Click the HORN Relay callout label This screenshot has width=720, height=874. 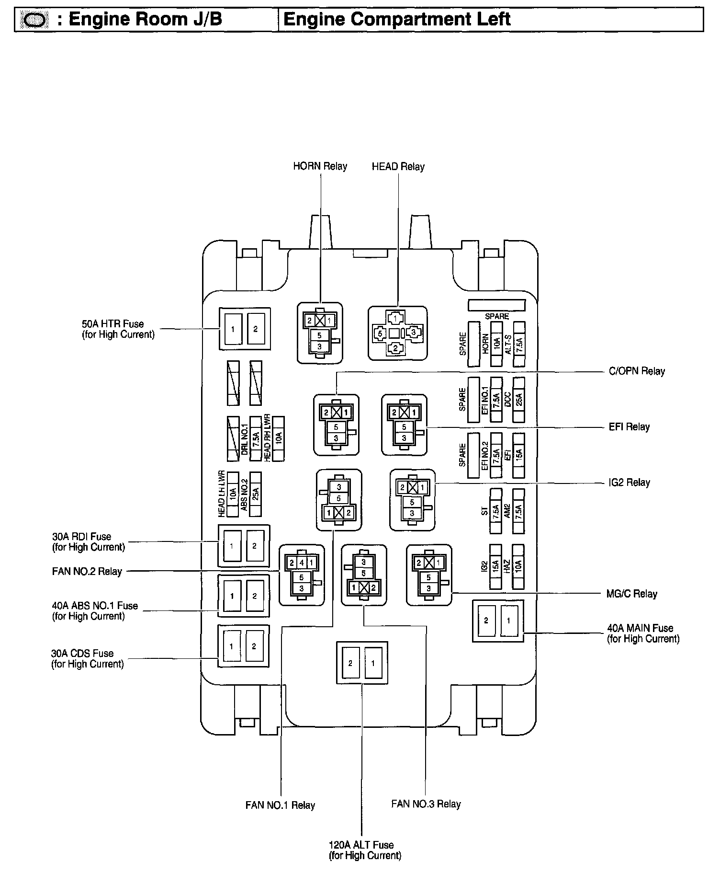[320, 166]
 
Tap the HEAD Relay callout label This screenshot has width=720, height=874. [398, 167]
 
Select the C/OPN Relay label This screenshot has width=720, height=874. [636, 371]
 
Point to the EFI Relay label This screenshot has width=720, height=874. [629, 427]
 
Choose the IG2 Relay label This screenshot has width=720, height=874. [629, 483]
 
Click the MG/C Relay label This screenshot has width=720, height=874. [631, 594]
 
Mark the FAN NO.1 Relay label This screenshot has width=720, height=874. [280, 805]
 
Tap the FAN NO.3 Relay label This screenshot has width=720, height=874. [426, 804]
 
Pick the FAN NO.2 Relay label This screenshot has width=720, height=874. [87, 571]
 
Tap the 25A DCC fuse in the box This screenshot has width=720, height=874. [518, 400]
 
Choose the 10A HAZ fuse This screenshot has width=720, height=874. [518, 567]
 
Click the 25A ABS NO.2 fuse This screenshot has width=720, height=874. [256, 494]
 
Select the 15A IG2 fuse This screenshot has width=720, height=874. [495, 567]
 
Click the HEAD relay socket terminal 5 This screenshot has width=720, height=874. [380, 333]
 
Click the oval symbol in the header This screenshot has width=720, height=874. [34, 20]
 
